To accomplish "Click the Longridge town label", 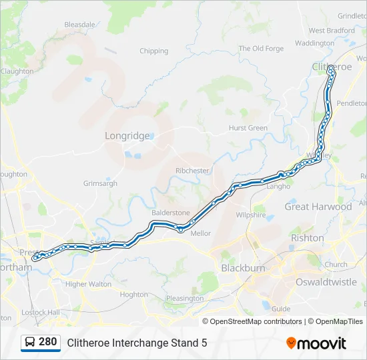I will pos(127,136).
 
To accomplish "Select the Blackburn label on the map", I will pos(243,268).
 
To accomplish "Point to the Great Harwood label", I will pos(318,207).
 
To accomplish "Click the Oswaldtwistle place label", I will pos(326,282).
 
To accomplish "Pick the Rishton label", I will pos(307,238).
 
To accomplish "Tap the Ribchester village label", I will pos(192,171).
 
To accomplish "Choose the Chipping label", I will pos(153,51).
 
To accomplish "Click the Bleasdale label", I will pos(80,25).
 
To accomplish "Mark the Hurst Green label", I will pos(248,128).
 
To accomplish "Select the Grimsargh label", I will pos(100,183).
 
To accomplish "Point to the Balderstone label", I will pos(171,213).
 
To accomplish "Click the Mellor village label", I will pos(201,233).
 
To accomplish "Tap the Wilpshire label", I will pos(251,215).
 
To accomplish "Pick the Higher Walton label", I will pos(89,284).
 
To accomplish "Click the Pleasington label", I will pos(185,298).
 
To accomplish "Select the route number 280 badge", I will pos(47,343).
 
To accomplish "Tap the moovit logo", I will pos(316,343).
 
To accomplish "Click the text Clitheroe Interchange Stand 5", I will pos(137,343).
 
